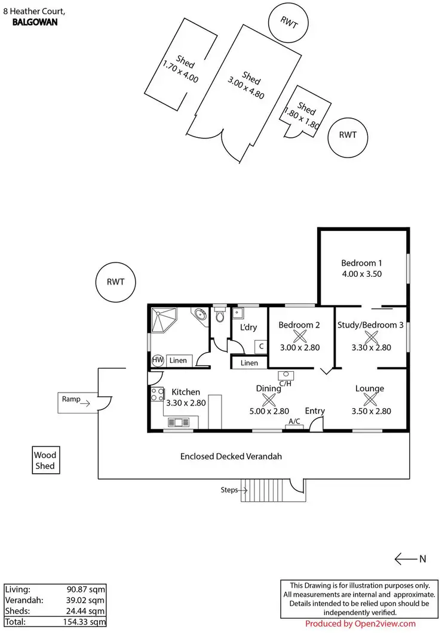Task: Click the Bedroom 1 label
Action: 361,263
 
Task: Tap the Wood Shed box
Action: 45,460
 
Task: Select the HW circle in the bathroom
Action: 158,360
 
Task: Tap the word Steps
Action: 229,490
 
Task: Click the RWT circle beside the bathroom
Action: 116,282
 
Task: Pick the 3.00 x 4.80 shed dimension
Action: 245,88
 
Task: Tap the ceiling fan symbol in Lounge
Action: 370,400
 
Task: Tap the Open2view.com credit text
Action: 360,624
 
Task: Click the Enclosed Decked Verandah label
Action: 231,456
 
